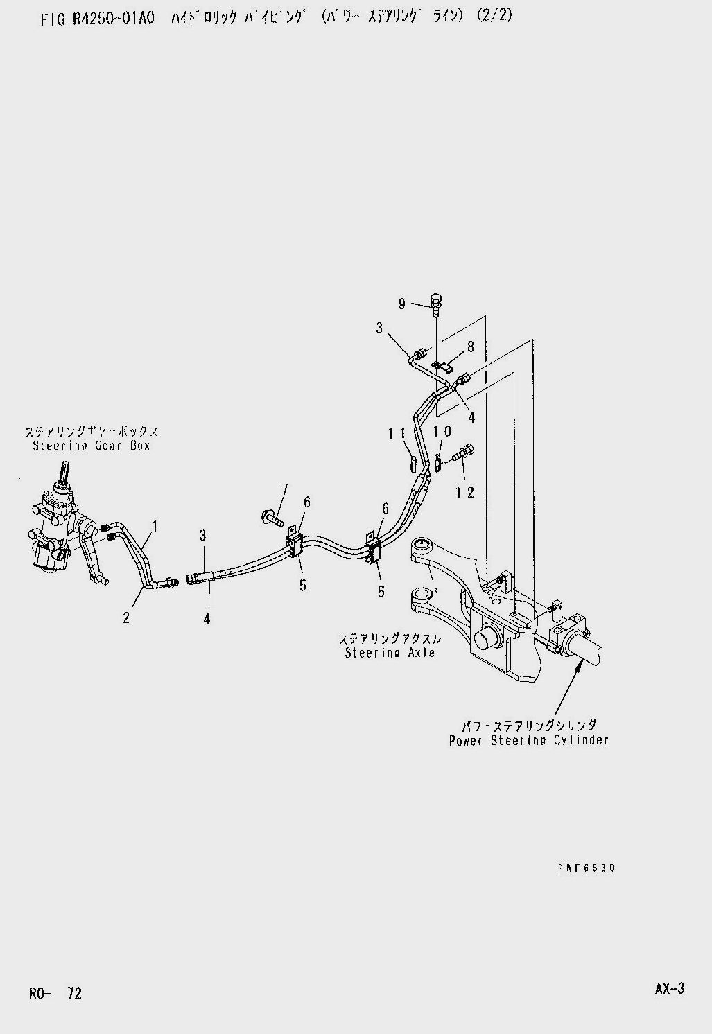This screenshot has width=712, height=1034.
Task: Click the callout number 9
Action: (401, 303)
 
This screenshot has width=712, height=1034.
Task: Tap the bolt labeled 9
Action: (435, 303)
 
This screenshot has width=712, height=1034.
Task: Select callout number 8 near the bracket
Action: (470, 347)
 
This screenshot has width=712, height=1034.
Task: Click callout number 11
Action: (397, 433)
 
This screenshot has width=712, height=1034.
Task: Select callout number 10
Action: (442, 431)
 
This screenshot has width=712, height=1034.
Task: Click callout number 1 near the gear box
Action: (155, 527)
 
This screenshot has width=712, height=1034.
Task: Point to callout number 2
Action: (126, 616)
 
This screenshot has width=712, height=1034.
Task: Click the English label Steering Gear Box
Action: (92, 446)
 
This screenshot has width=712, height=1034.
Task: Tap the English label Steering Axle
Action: (390, 652)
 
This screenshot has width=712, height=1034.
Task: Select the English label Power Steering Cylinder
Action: (528, 739)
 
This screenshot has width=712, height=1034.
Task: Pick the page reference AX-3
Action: (669, 990)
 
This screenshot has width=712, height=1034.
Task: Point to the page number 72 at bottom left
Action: (74, 993)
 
